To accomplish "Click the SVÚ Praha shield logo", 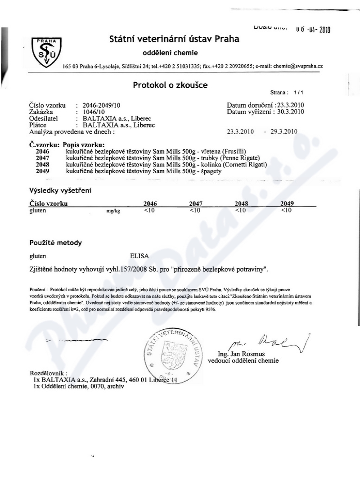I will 46,53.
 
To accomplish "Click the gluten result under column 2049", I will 286,210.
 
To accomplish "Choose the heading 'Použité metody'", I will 55,243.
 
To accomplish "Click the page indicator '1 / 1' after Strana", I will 298,93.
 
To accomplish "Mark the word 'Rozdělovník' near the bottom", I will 48,373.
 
